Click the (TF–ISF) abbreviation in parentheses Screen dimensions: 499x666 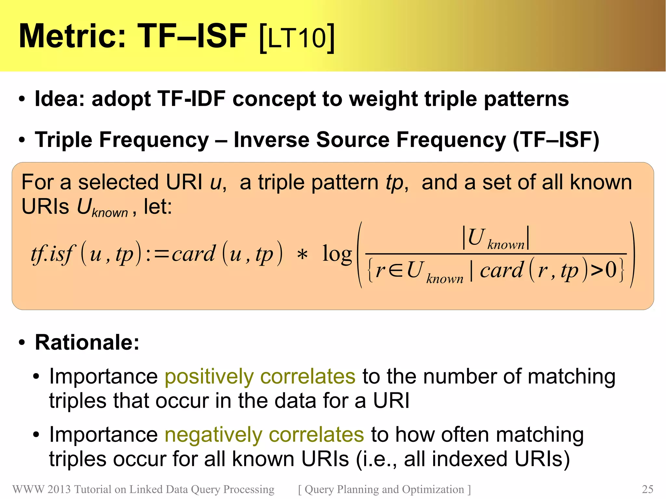[556, 140]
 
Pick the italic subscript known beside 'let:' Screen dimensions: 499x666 [110, 213]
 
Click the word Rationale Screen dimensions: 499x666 [87, 342]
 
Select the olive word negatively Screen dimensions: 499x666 [213, 435]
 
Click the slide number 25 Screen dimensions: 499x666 [647, 489]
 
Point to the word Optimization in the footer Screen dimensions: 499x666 [433, 489]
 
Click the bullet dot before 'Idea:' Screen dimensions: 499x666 [22, 99]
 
